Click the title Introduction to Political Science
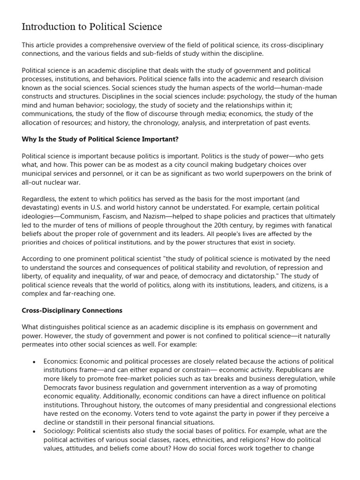92,27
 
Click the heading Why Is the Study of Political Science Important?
100,139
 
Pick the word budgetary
238,165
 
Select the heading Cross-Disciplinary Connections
72,310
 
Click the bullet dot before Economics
34,362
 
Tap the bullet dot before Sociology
34,431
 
